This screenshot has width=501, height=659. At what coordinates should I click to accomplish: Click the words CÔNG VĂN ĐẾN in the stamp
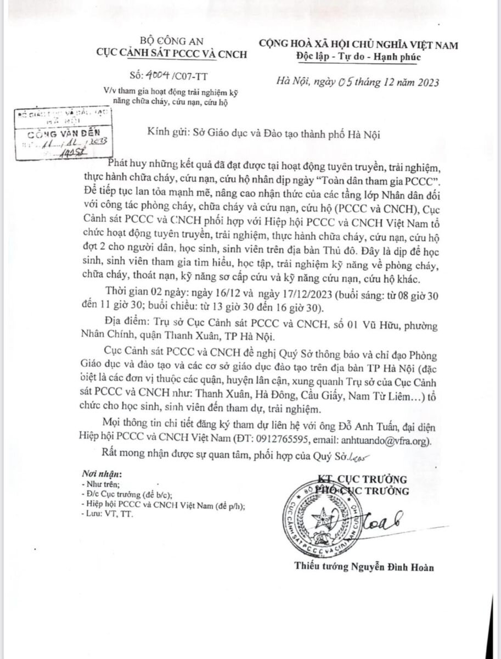(61, 133)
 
